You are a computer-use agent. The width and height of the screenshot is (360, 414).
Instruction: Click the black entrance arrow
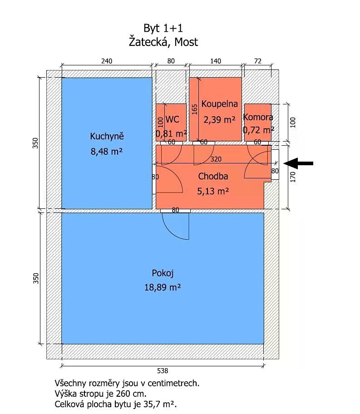[x=298, y=163]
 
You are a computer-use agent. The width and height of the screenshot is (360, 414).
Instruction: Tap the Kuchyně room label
[x=107, y=136]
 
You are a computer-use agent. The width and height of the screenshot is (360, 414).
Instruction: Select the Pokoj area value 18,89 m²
[x=163, y=287]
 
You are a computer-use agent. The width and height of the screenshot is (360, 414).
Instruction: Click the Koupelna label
[x=219, y=104]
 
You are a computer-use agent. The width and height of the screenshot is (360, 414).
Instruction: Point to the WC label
[x=172, y=119]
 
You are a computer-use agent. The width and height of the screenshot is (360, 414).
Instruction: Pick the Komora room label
[x=258, y=117]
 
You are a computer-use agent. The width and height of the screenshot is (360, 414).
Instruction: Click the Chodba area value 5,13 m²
[x=213, y=191]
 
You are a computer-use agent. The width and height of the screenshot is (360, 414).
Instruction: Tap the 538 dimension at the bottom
[x=163, y=371]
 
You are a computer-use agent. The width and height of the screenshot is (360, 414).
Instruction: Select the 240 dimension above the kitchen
[x=107, y=61]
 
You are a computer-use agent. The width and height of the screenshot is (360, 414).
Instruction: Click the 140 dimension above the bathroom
[x=216, y=61]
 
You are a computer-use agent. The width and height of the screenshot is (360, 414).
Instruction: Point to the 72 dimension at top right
[x=257, y=61]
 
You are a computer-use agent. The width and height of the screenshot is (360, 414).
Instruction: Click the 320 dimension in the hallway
[x=216, y=159]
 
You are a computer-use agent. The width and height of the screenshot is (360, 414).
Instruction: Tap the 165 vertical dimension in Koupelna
[x=195, y=109]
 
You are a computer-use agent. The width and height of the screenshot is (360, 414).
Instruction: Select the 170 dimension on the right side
[x=293, y=177]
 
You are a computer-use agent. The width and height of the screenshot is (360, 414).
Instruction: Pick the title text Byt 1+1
[x=163, y=28]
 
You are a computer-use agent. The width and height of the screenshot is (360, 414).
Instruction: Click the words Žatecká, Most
[x=163, y=42]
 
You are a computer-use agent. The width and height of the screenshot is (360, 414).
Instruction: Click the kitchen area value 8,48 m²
[x=107, y=152]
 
